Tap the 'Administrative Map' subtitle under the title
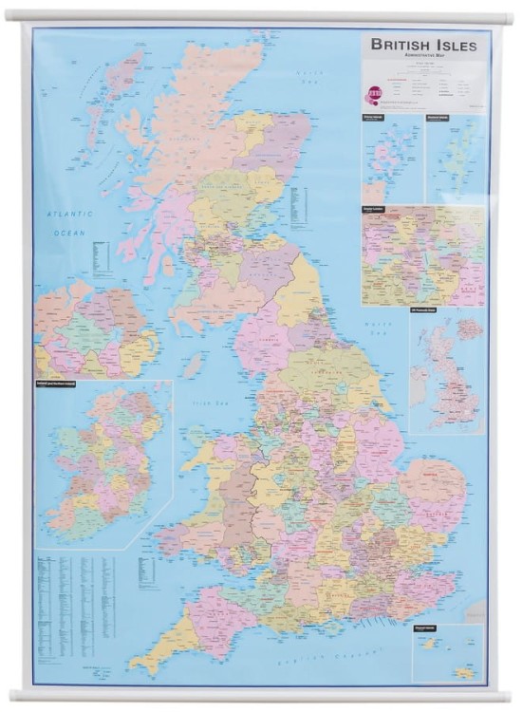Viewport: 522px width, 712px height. (x=423, y=58)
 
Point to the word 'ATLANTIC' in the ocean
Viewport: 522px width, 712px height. (x=67, y=215)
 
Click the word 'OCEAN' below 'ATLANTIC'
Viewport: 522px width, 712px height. (x=69, y=233)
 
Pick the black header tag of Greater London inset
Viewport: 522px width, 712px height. (x=376, y=206)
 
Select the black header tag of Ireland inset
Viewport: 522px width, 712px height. (x=59, y=384)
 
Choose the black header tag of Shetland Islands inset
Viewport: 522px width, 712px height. (x=438, y=118)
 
